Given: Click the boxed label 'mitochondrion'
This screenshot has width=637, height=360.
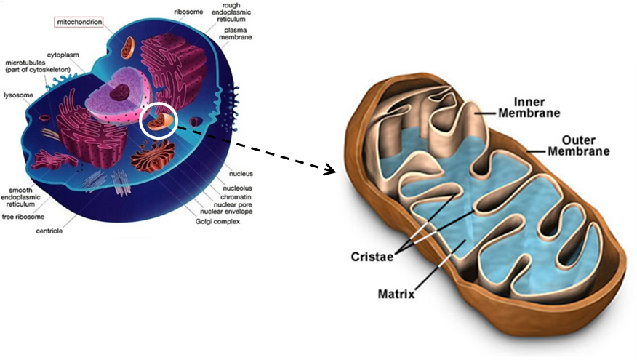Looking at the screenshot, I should [78, 21].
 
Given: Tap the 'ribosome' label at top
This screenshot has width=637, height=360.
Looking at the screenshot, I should [188, 12].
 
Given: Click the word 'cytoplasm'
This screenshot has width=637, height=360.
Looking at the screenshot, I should [63, 54].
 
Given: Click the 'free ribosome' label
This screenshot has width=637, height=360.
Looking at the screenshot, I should [23, 217].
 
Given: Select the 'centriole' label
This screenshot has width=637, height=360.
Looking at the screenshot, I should [50, 231].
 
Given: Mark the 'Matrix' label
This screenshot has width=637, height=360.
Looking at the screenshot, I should [396, 295].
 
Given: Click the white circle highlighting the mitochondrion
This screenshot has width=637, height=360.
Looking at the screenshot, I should [158, 119].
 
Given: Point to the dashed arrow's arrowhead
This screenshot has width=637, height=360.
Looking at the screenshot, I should [331, 170].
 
